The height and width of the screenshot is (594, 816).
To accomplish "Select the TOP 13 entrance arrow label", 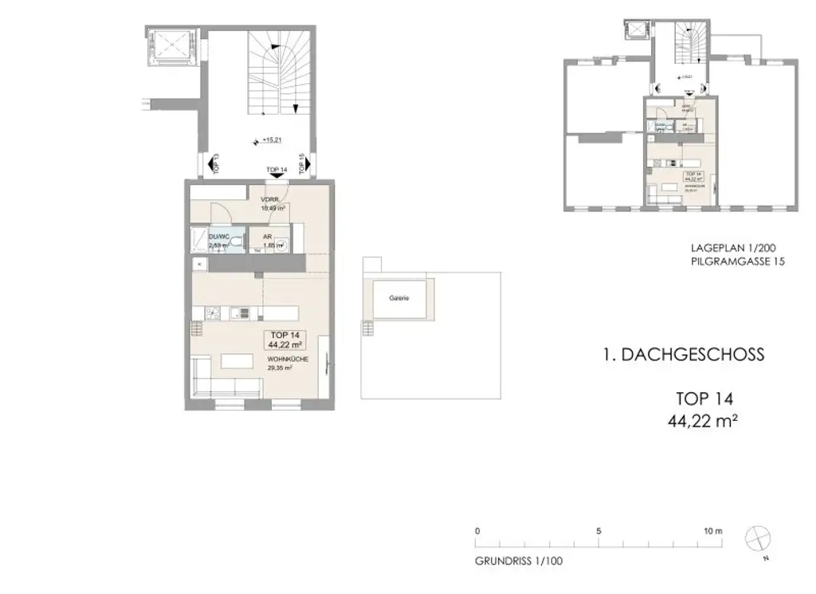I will coord(213,163).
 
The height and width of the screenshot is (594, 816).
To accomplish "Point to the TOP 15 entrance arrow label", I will coord(304,163).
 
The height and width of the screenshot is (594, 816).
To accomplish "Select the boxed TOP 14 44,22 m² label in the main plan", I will coord(284,340).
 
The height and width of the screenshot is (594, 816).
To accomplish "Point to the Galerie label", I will coord(398,297).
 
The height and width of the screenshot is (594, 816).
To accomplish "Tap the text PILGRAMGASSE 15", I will coord(738,262).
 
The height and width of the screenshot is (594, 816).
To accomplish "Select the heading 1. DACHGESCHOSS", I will coord(683,355).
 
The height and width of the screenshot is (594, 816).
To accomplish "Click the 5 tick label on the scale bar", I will coord(598,530).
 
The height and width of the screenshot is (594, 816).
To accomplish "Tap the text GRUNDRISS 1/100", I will coord(518,561).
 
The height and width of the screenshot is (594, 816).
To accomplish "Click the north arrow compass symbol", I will coord(757,539).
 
